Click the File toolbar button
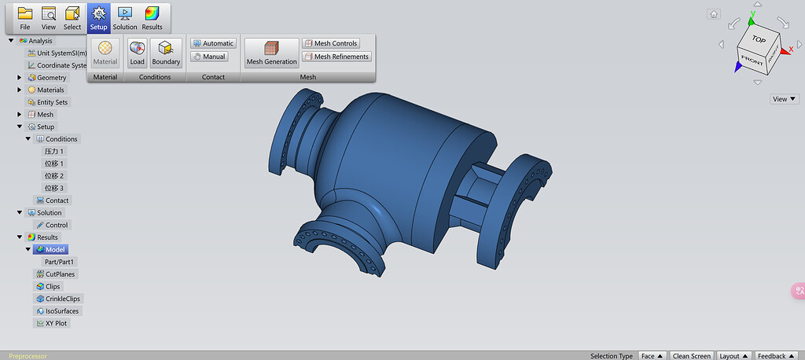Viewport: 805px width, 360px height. pyautogui.click(x=25, y=17)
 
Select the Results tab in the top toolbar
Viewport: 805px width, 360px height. pyautogui.click(x=152, y=17)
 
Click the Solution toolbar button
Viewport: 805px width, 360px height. pyautogui.click(x=125, y=17)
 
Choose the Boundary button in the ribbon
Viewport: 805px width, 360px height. pyautogui.click(x=166, y=53)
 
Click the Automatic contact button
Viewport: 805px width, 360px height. pyautogui.click(x=213, y=43)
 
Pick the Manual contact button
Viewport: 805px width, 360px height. pyautogui.click(x=209, y=57)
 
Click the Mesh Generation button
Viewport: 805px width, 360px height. pyautogui.click(x=272, y=53)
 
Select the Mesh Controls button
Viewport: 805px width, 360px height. pyautogui.click(x=331, y=43)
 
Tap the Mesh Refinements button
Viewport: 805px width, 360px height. pyautogui.click(x=336, y=57)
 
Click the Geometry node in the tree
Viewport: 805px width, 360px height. pyautogui.click(x=52, y=78)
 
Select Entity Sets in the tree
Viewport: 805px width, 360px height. pyautogui.click(x=52, y=102)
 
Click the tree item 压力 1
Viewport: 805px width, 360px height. pyautogui.click(x=54, y=151)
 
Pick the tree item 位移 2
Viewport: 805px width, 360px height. pyautogui.click(x=54, y=175)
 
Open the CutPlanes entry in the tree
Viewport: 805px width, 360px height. pyautogui.click(x=61, y=274)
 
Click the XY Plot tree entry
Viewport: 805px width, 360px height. pyautogui.click(x=56, y=323)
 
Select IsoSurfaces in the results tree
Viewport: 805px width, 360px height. pyautogui.click(x=62, y=311)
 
